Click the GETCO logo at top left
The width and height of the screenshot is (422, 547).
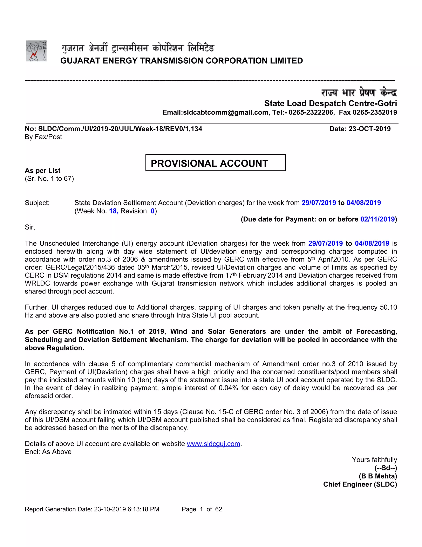[x=36, y=51]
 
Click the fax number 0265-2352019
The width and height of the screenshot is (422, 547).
[x=374, y=112]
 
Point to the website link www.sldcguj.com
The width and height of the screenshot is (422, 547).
[x=213, y=444]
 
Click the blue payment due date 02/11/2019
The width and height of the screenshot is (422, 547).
[x=377, y=219]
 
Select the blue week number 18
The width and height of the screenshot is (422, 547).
[x=113, y=211]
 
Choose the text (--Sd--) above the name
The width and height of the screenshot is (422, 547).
[x=386, y=468]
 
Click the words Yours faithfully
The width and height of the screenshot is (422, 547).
[x=374, y=460]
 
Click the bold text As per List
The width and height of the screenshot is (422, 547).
[x=42, y=170]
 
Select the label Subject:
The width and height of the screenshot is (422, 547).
[x=37, y=203]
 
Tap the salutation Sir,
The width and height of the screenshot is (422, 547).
[x=30, y=227]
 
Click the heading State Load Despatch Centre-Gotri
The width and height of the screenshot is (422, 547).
[x=330, y=103]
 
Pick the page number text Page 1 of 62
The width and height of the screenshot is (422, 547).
[x=202, y=509]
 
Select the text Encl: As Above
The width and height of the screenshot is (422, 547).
[x=48, y=452]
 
